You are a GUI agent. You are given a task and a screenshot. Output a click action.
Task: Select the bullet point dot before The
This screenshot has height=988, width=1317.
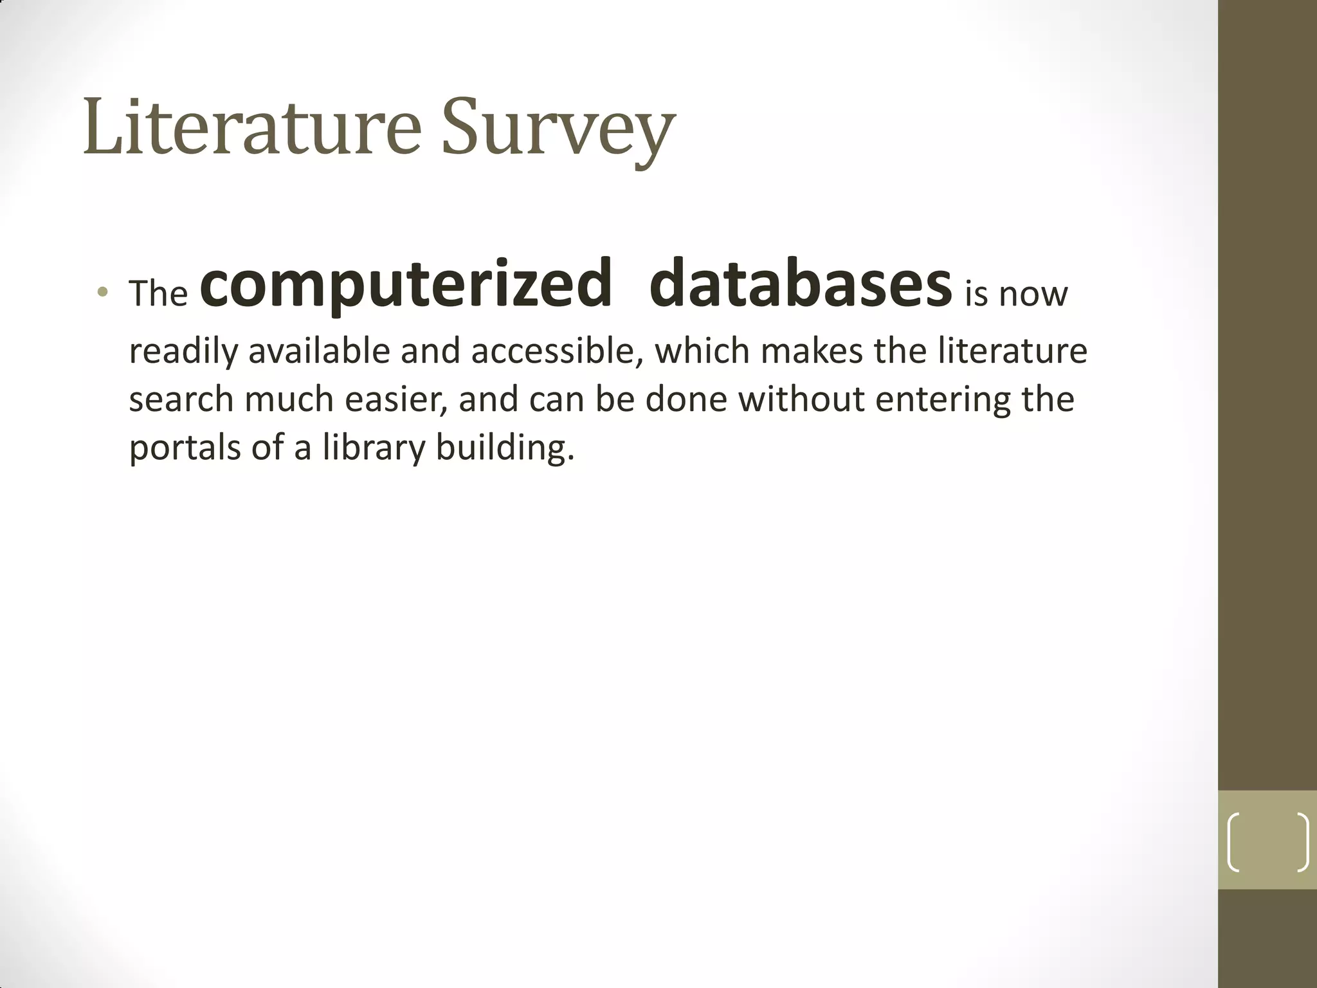(102, 293)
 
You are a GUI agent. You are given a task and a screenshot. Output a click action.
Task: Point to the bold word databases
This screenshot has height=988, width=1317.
(800, 284)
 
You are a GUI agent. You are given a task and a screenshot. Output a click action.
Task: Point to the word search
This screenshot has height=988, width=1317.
(181, 399)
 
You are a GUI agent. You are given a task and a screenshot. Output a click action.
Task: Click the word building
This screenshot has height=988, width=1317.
(504, 448)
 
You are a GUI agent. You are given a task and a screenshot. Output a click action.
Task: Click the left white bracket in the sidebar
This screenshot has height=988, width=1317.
(1234, 842)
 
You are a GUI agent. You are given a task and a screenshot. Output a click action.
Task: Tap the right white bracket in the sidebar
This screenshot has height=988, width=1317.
(1302, 842)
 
